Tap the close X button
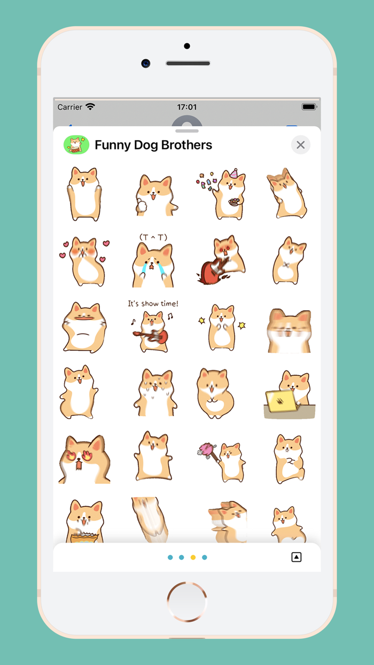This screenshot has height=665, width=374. point(300,145)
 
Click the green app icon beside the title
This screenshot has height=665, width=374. point(76,145)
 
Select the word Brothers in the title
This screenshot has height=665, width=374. point(186,145)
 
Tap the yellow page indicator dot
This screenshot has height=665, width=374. point(193,557)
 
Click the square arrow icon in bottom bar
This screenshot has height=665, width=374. point(296,557)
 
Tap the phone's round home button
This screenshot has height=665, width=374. point(186,601)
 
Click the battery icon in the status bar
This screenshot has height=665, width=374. point(309,107)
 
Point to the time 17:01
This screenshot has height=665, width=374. point(187,107)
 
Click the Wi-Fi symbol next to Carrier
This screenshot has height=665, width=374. point(90,106)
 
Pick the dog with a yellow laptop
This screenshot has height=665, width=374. point(290,395)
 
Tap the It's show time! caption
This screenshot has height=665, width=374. point(153,304)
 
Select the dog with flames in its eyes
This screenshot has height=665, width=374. point(84,459)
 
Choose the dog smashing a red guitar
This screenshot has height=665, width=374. point(221,260)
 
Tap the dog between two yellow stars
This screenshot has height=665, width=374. point(222,327)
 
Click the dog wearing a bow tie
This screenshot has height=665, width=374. point(290,261)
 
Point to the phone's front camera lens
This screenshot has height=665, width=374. point(145,63)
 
